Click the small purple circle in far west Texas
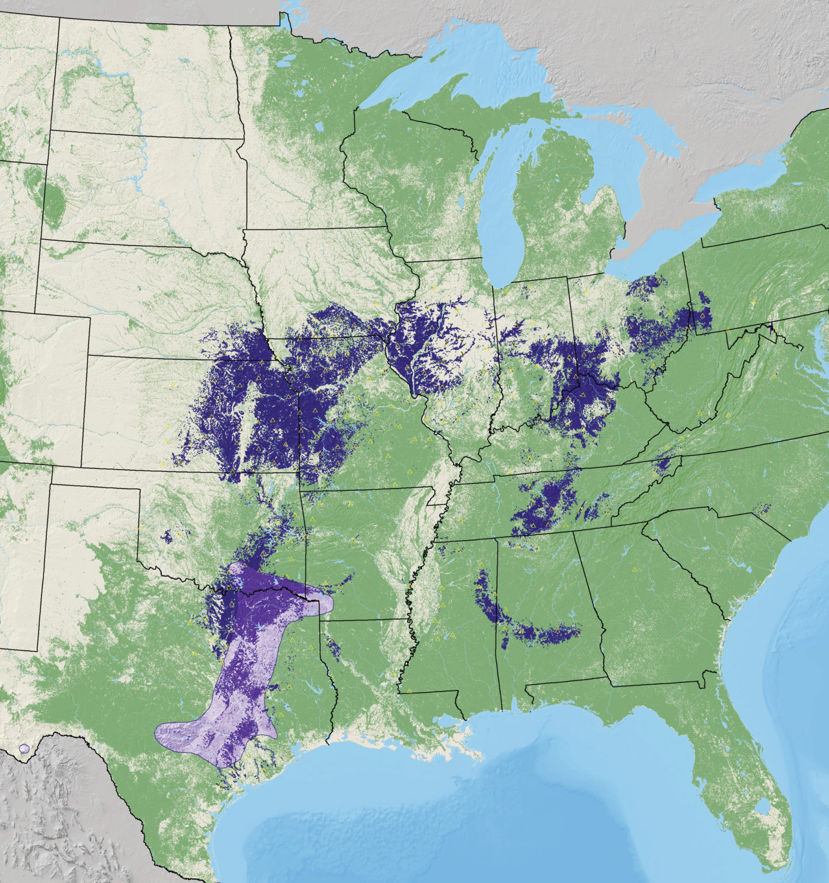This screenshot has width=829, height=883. [24, 748]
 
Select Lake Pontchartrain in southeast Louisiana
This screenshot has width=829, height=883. [454, 720]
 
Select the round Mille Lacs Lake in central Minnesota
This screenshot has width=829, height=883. [319, 125]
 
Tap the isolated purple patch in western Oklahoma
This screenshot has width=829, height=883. [167, 538]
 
